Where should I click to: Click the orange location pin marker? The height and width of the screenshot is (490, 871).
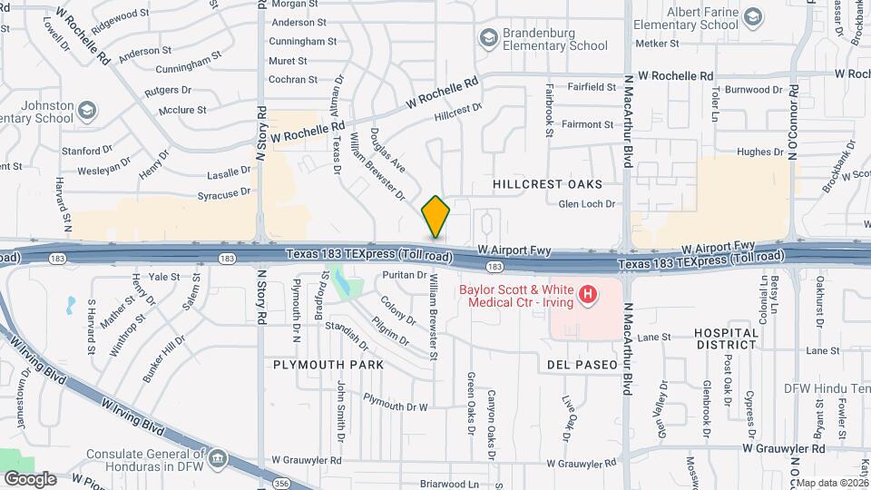pos(435,216)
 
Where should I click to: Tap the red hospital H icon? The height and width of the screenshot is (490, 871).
pos(588,294)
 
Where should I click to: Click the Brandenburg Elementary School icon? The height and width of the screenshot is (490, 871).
pos(489,39)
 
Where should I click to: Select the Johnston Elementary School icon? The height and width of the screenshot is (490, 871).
pos(87,112)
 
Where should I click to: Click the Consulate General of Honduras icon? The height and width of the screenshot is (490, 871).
pos(218,459)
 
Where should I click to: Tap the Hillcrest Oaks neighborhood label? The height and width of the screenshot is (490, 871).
pos(547,184)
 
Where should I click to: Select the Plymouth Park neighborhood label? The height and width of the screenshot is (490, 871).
pos(328,365)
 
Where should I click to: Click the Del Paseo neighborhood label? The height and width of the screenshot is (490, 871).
pos(582,365)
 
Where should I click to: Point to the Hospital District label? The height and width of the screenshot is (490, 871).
pos(726,338)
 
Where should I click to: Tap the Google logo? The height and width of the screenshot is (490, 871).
pos(30,479)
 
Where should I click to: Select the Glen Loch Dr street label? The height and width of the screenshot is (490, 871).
pos(586,204)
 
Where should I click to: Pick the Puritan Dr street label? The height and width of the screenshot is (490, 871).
pos(405,273)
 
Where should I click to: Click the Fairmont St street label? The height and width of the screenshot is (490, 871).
pos(589,124)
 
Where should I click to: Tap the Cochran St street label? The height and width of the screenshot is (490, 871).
pos(292,80)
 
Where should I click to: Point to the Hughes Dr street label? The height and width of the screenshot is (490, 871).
pos(754,152)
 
